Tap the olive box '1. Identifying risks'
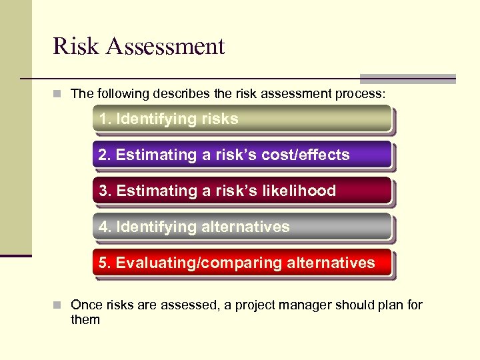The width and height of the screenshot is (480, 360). pos(241,119)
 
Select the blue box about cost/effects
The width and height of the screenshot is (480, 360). pos(241,155)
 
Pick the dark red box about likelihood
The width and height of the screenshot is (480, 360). pos(241,191)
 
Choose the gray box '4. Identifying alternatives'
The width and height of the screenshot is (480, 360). pos(241,227)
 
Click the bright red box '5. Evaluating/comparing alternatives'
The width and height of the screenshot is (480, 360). pos(241,263)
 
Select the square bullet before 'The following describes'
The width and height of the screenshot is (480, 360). pos(59,94)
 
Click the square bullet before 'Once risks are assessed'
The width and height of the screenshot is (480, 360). pos(59,305)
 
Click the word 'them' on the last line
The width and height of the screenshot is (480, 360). pos(85,320)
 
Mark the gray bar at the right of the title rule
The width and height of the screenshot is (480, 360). pos(407,78)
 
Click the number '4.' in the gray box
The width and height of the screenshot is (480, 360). pos(105,227)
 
